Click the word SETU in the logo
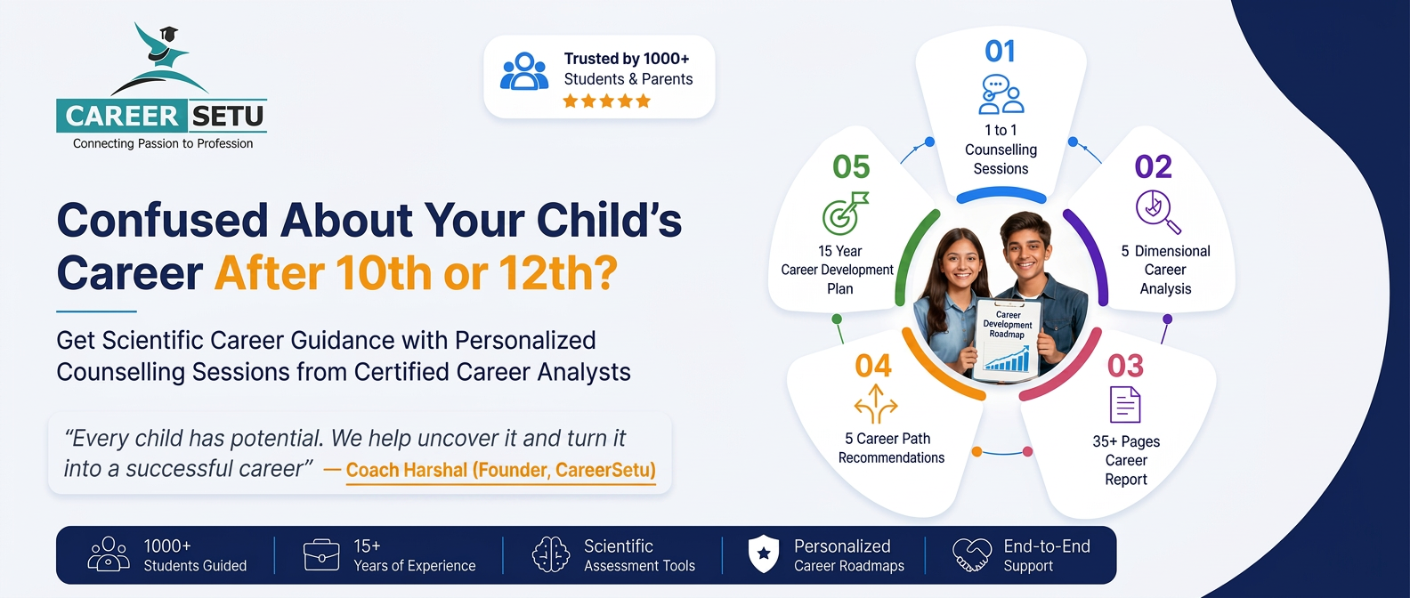click(x=227, y=116)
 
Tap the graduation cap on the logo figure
click(x=168, y=33)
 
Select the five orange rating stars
click(x=606, y=101)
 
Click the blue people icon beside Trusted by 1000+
click(x=523, y=71)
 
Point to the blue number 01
click(x=1001, y=52)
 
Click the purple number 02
click(x=1153, y=166)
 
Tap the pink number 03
click(x=1125, y=366)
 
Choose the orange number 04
click(x=873, y=366)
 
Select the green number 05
click(x=851, y=166)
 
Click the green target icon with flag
click(x=846, y=213)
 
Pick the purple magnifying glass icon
click(x=1158, y=212)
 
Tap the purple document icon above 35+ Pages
click(x=1125, y=405)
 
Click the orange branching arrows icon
click(x=876, y=404)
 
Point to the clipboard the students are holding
click(x=1007, y=339)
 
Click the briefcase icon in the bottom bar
click(x=321, y=554)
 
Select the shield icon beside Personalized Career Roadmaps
click(x=764, y=554)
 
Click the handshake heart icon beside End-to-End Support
click(x=971, y=554)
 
